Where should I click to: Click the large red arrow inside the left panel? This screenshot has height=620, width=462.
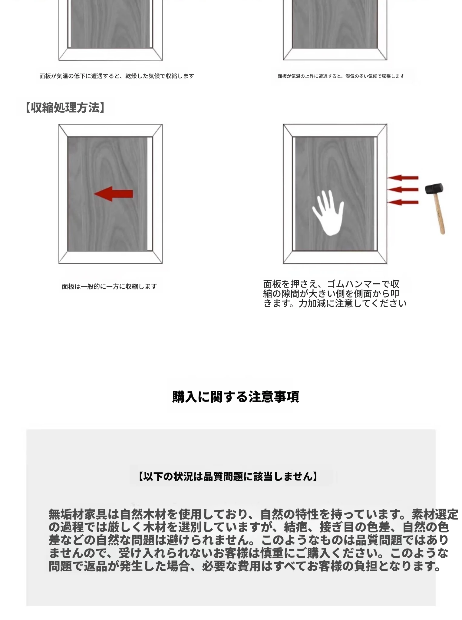[114, 194]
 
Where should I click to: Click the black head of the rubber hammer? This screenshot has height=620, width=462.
[434, 189]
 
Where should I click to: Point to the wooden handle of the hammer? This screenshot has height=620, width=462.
[440, 213]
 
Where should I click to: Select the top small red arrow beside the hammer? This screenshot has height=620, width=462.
[403, 178]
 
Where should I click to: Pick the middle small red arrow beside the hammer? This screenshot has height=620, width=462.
[403, 190]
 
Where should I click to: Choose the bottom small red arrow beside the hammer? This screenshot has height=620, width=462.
[403, 202]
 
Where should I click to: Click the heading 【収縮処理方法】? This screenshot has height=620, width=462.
[65, 107]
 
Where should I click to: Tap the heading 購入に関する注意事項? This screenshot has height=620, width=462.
[236, 397]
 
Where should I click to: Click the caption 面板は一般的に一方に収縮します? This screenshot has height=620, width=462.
[109, 286]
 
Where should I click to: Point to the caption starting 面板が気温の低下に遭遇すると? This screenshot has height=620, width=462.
[117, 76]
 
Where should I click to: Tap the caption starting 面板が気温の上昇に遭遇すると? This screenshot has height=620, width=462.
[341, 76]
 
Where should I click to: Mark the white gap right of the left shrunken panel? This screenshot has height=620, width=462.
[150, 194]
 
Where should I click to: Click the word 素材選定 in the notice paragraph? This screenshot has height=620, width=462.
[435, 514]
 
